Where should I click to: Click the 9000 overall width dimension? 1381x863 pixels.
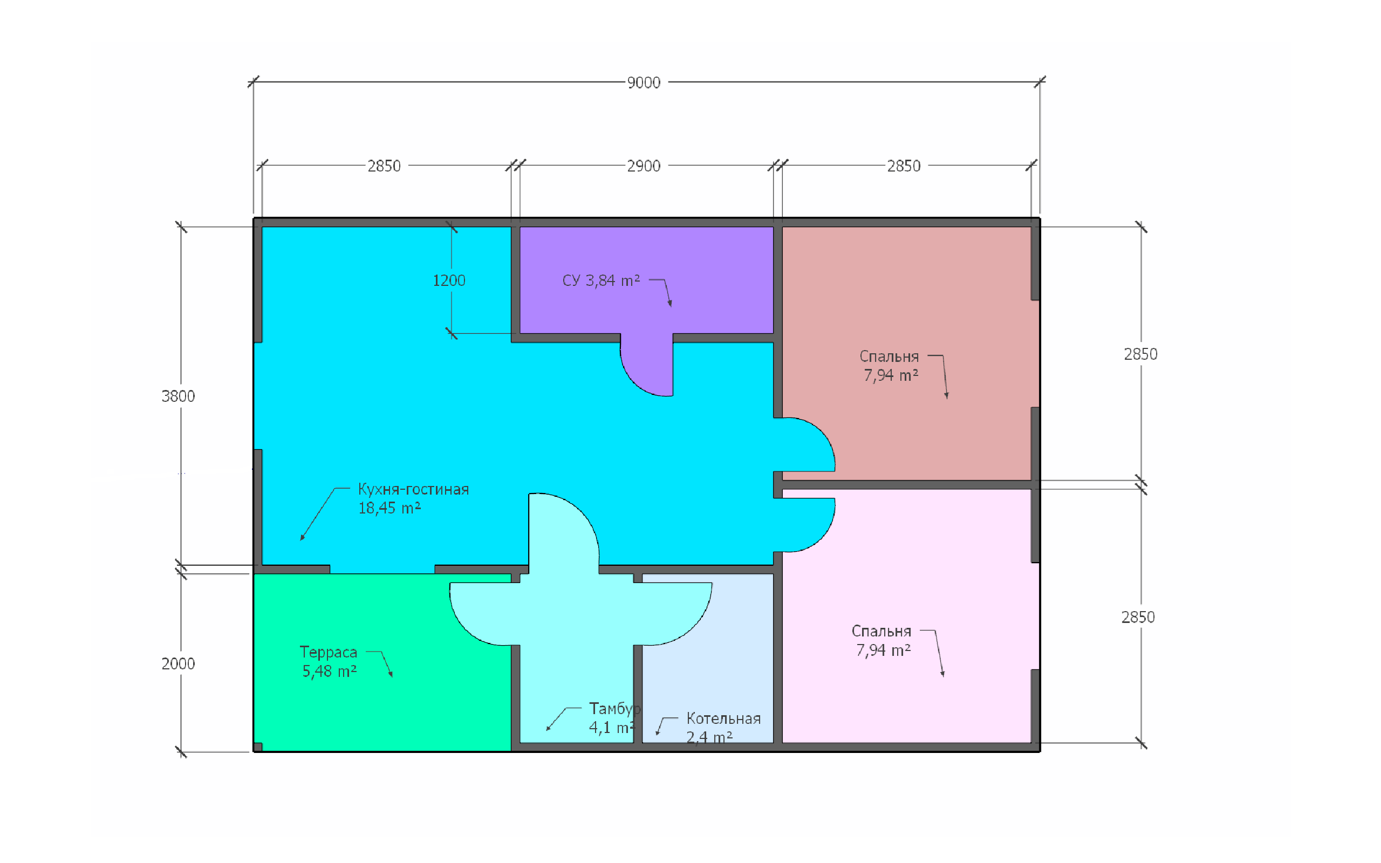(644, 83)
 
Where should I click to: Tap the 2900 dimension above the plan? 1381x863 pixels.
(644, 166)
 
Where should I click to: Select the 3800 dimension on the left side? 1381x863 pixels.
(178, 396)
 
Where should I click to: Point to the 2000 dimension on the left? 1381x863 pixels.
(178, 664)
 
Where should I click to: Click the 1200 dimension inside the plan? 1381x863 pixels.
(449, 280)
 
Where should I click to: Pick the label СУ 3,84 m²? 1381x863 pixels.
(601, 280)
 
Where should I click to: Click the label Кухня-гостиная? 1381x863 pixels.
(413, 489)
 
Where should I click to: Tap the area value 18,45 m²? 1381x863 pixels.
(389, 508)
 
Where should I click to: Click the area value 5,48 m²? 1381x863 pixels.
(329, 671)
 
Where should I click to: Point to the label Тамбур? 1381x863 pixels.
(614, 709)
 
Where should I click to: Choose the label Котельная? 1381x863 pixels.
(723, 718)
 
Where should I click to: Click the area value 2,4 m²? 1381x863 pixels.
(709, 737)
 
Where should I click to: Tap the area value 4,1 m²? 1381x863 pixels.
(612, 728)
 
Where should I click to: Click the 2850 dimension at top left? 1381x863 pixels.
(384, 166)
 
